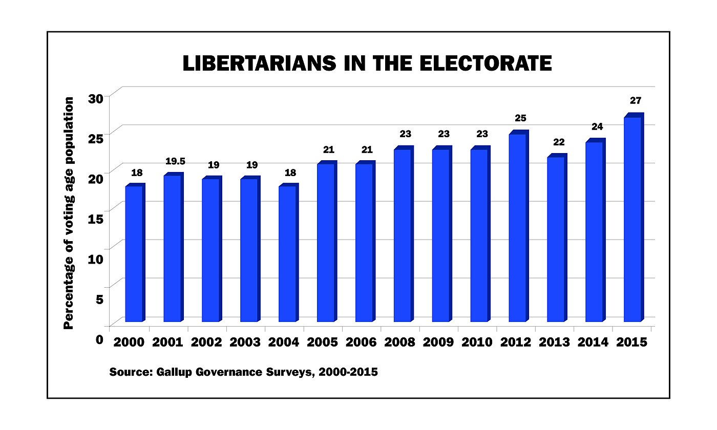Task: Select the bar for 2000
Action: (134, 253)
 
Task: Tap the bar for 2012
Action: (518, 227)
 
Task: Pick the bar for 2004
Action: (288, 253)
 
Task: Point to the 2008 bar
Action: (403, 235)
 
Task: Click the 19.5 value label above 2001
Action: (175, 161)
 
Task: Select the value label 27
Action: (636, 100)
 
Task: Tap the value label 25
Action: (521, 118)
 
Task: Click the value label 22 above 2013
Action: (559, 141)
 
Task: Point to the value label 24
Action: (598, 126)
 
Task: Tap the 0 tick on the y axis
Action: (99, 338)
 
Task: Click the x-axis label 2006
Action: (361, 342)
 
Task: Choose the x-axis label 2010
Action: (477, 342)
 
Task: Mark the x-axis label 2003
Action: (245, 342)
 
